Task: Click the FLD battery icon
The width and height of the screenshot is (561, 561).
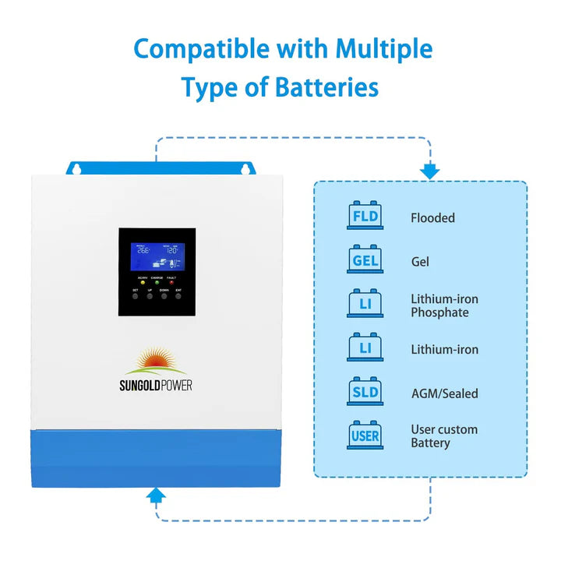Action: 365,216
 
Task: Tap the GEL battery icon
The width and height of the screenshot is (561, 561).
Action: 365,260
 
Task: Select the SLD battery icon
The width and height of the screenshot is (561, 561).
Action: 365,392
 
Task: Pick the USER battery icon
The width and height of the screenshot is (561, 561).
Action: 365,436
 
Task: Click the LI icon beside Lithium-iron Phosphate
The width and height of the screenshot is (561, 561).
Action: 365,304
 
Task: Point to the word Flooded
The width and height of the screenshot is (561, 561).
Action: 432,218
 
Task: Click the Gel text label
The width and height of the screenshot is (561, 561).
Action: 420,263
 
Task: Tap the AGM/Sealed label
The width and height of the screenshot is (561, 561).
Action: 444,394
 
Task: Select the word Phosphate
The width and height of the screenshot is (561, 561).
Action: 439,312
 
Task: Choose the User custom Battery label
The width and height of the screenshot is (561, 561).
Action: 444,436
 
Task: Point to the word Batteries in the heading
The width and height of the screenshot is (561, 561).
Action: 326,86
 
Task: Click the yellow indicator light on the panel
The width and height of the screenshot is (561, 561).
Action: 143,282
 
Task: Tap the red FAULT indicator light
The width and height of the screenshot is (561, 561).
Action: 171,282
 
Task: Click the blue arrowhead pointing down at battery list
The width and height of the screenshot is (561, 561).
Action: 429,171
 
